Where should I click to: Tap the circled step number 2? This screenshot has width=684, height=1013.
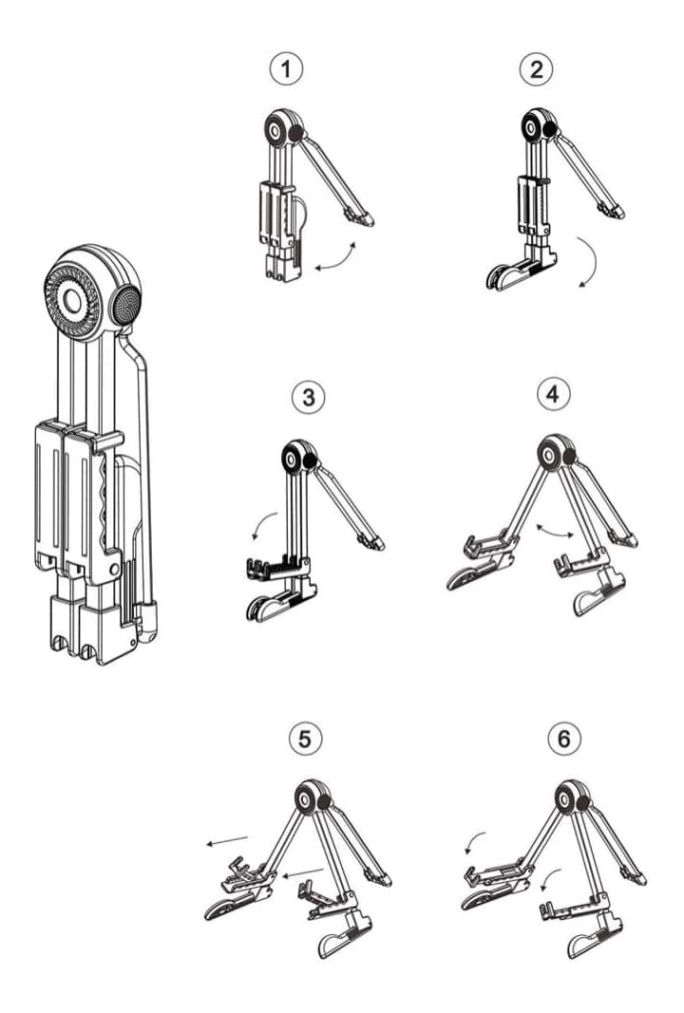537,68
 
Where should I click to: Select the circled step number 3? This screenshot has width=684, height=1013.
308,397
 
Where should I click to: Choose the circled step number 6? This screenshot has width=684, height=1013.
564,738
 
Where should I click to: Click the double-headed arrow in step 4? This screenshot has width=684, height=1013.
555,530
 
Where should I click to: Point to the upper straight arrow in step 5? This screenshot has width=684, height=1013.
226,839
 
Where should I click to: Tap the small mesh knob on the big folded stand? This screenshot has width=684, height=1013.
126,306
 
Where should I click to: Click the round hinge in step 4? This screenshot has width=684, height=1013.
551,455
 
